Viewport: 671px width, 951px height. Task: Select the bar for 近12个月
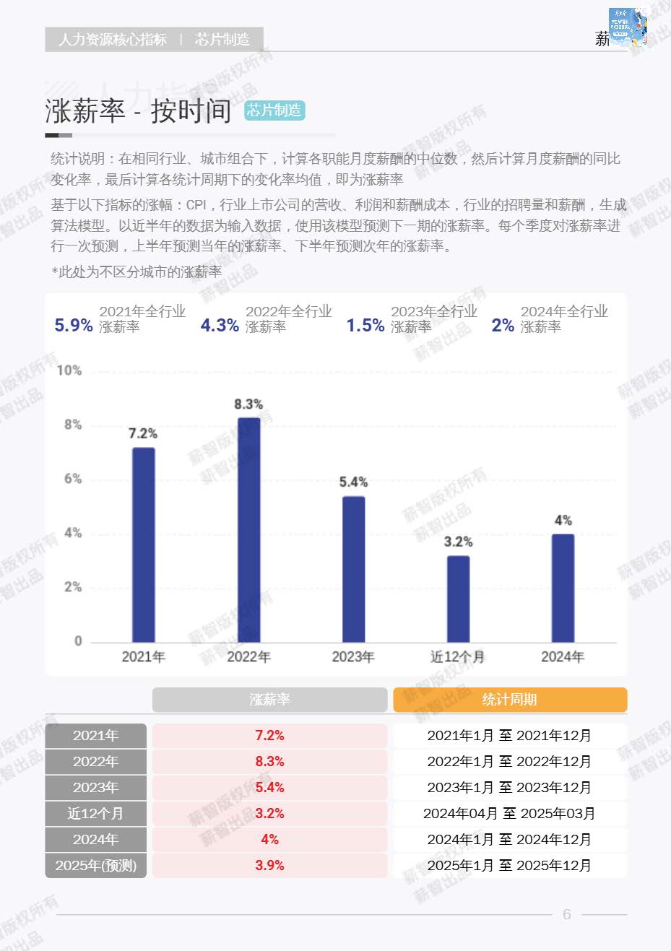click(x=458, y=599)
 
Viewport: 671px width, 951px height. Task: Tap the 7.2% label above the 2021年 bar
click(x=143, y=433)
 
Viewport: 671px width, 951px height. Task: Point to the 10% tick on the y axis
click(x=69, y=370)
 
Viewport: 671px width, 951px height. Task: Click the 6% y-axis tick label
click(x=73, y=479)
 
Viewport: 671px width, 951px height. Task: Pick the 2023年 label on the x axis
click(x=353, y=656)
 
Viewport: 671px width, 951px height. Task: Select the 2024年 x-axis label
click(x=563, y=656)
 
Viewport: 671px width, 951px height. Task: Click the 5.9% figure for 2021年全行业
click(x=74, y=326)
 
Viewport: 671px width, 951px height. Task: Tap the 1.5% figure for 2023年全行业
click(x=365, y=326)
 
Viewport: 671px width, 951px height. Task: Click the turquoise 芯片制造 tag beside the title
click(x=274, y=110)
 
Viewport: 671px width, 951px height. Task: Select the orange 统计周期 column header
click(x=510, y=700)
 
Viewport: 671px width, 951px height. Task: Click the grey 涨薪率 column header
click(x=269, y=700)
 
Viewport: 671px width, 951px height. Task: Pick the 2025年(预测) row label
click(x=96, y=865)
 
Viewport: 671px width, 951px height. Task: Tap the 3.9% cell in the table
click(x=269, y=865)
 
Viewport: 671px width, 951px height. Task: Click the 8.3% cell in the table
click(x=269, y=761)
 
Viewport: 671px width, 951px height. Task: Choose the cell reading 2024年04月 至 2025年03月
click(x=509, y=813)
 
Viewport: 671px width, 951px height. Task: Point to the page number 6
click(x=567, y=914)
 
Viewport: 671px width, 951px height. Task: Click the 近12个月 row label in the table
click(x=96, y=813)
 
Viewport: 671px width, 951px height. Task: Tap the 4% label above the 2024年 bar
click(x=563, y=520)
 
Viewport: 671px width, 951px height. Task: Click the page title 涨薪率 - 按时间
click(x=138, y=111)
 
